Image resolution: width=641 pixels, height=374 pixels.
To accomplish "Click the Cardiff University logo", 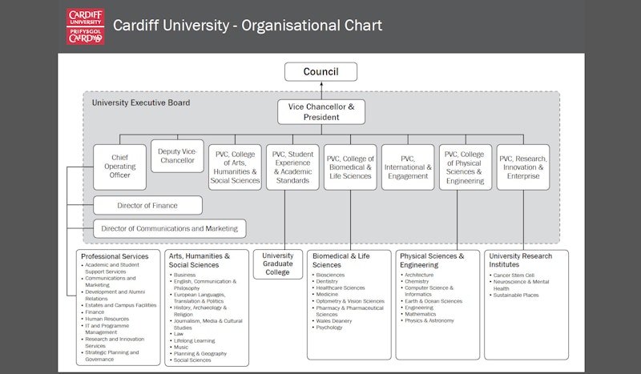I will pyautogui.click(x=84, y=26).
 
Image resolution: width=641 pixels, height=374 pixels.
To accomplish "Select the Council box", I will pyautogui.click(x=320, y=72).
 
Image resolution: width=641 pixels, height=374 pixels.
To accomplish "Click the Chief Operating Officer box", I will pyautogui.click(x=119, y=167).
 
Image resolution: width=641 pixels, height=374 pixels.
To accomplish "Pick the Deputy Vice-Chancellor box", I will pyautogui.click(x=176, y=155).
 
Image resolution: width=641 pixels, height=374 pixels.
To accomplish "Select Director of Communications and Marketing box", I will pyautogui.click(x=169, y=228).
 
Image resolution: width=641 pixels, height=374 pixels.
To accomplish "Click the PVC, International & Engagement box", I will pyautogui.click(x=407, y=167).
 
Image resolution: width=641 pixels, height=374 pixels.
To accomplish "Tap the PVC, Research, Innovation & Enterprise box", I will pyautogui.click(x=523, y=167).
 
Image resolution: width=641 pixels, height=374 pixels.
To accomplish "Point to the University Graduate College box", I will pyautogui.click(x=278, y=264).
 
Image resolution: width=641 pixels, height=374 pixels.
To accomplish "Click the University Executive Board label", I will pyautogui.click(x=141, y=103).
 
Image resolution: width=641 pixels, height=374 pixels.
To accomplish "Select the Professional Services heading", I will pyautogui.click(x=115, y=256).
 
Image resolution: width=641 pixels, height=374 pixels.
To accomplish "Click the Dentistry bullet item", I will pyautogui.click(x=327, y=282).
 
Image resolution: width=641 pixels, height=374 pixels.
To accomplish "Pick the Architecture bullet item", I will pyautogui.click(x=419, y=275).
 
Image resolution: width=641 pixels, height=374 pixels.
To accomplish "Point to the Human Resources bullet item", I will pyautogui.click(x=108, y=319).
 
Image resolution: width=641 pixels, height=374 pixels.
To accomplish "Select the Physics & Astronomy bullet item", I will pyautogui.click(x=429, y=320).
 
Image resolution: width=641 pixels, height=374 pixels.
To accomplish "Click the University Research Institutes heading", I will pyautogui.click(x=521, y=260).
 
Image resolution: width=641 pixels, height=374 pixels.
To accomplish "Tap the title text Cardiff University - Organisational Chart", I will pyautogui.click(x=248, y=25).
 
